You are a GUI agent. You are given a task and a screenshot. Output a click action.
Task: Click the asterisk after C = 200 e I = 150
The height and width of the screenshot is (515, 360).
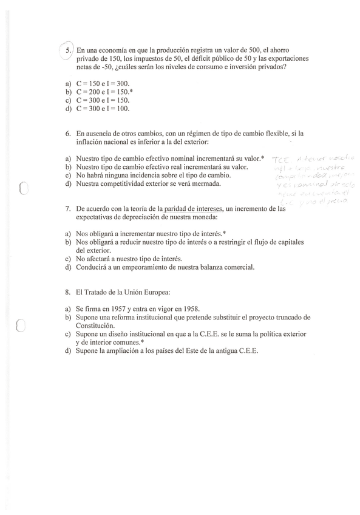point(131,92)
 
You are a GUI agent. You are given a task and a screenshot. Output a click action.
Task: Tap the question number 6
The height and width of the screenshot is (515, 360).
point(68,132)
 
